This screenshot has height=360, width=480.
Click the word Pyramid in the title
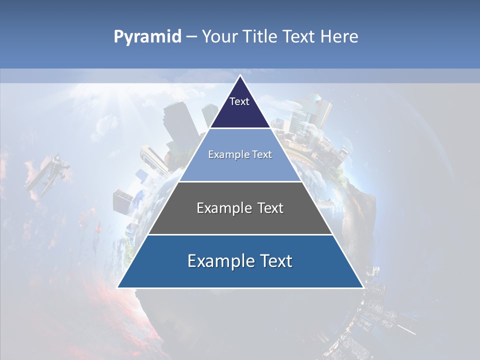pos(147,37)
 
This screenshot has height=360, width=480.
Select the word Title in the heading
pos(262,37)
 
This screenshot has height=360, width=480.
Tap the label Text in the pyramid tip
pos(239,101)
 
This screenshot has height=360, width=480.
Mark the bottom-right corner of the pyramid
pos(363,287)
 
